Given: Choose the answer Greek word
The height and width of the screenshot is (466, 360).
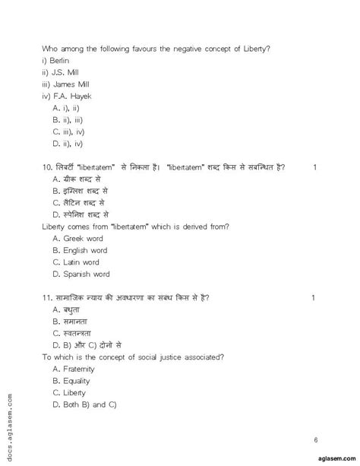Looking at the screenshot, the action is pos(84,238).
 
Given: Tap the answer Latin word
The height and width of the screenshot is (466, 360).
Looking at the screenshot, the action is pos(83,262).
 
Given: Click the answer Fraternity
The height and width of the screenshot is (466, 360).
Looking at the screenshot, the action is pos(82,369).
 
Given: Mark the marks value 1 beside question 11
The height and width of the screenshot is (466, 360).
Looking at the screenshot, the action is pos(314,297).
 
